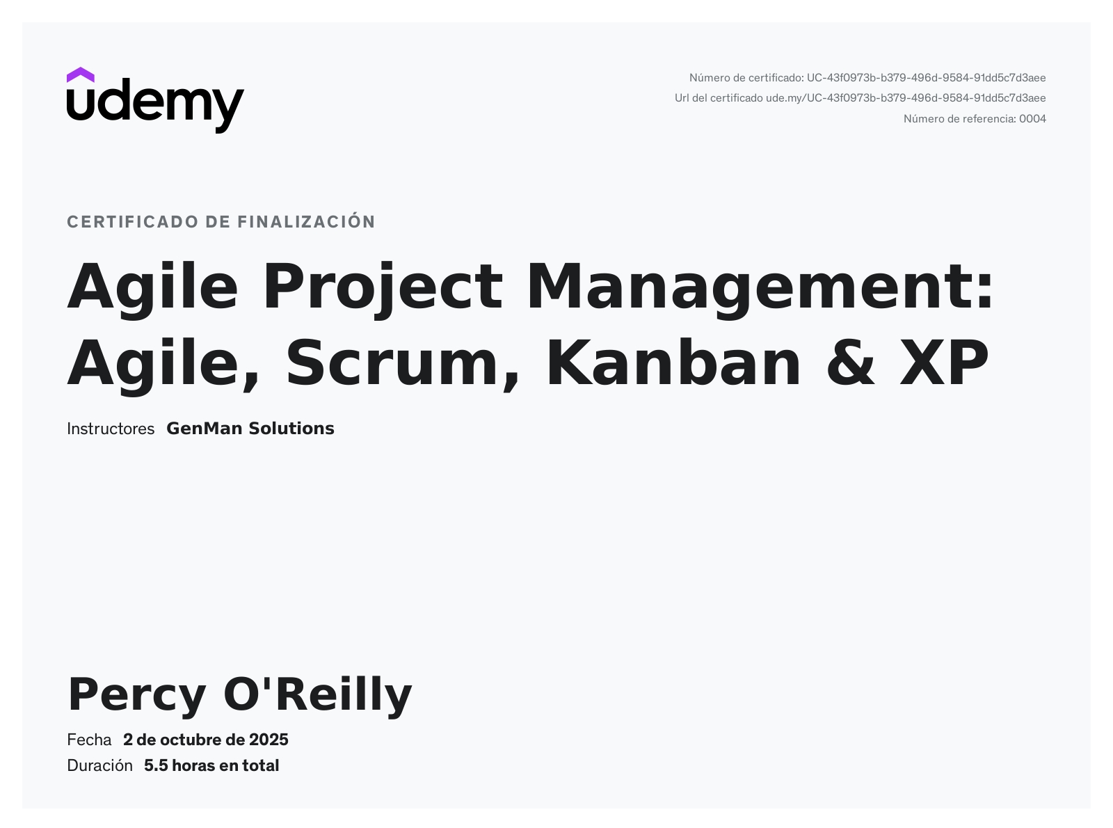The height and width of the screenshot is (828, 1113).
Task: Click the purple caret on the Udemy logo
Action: tap(80, 74)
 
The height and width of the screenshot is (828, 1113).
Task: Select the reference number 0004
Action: tap(1032, 119)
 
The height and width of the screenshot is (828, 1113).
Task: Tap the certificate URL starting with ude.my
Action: tap(905, 98)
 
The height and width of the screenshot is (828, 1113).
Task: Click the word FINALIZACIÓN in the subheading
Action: tap(306, 221)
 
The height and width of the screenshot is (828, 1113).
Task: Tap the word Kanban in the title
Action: tap(673, 363)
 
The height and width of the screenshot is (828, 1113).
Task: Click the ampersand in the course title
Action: tap(850, 363)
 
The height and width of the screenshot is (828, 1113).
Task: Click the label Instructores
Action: tap(111, 429)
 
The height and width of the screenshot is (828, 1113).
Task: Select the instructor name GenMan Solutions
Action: tap(250, 429)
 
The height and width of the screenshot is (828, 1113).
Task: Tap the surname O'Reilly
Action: tap(318, 696)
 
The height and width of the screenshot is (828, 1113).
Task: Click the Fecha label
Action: tap(89, 740)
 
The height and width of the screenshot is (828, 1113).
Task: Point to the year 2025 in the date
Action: tap(269, 740)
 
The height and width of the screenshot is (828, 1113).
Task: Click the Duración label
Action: tap(100, 765)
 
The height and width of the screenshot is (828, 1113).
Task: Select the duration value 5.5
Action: tap(156, 766)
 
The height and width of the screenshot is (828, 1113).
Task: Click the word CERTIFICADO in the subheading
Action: tap(132, 222)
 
